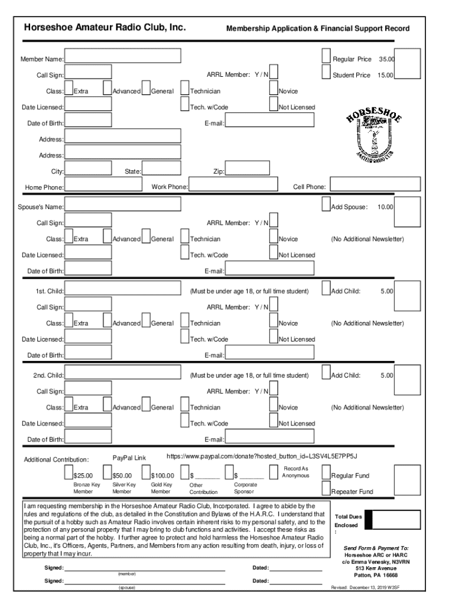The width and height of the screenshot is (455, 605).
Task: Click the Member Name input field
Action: (x=122, y=56)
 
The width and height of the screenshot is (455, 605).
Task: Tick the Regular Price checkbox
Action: (x=326, y=56)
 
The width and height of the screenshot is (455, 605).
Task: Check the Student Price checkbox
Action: (x=326, y=72)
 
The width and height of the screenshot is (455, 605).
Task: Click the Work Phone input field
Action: (x=233, y=184)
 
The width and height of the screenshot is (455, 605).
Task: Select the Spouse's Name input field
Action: (x=122, y=204)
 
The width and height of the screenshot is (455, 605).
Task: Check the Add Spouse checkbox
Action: (x=326, y=204)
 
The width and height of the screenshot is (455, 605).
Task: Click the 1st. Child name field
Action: (x=122, y=288)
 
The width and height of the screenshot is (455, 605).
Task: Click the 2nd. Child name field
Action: (x=122, y=372)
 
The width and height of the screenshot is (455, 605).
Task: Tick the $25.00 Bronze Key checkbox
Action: (x=69, y=472)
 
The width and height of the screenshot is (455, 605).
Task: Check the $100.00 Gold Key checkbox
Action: (x=147, y=472)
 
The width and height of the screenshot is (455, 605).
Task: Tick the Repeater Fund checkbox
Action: (x=326, y=488)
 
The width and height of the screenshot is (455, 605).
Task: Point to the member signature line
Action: (x=144, y=568)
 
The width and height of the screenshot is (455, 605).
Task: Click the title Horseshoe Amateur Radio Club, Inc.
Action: (x=105, y=28)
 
